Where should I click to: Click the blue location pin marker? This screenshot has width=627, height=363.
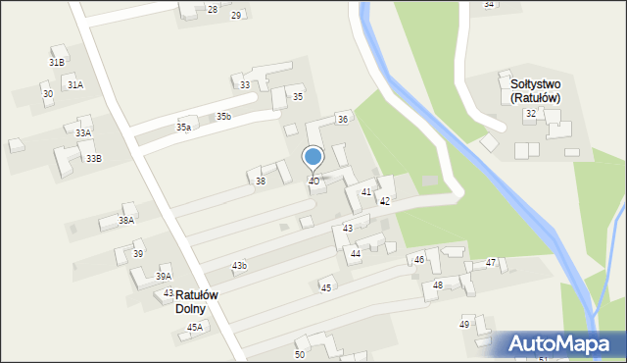(x=313, y=157)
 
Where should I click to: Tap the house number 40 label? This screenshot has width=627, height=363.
(x=313, y=181)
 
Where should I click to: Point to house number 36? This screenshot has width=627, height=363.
(x=342, y=119)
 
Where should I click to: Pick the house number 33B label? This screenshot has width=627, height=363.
(x=93, y=158)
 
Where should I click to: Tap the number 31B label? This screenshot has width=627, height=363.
(x=57, y=62)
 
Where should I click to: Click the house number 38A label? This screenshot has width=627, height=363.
(x=126, y=221)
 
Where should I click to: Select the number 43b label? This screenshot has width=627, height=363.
(x=239, y=266)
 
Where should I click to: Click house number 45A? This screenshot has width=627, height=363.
(x=195, y=327)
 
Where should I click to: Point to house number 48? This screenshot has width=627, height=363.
(x=438, y=285)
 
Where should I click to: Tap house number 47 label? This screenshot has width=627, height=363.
(x=491, y=262)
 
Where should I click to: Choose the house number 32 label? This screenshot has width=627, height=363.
(x=530, y=114)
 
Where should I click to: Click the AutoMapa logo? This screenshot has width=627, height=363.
(x=559, y=344)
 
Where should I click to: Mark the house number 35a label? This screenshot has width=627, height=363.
(x=183, y=127)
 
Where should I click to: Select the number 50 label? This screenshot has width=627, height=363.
(x=300, y=354)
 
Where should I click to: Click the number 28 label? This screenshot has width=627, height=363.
(x=213, y=9)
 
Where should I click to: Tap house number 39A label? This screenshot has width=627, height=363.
(x=164, y=277)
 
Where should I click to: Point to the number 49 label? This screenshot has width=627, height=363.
(x=464, y=324)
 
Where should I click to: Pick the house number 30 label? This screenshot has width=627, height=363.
(x=48, y=94)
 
